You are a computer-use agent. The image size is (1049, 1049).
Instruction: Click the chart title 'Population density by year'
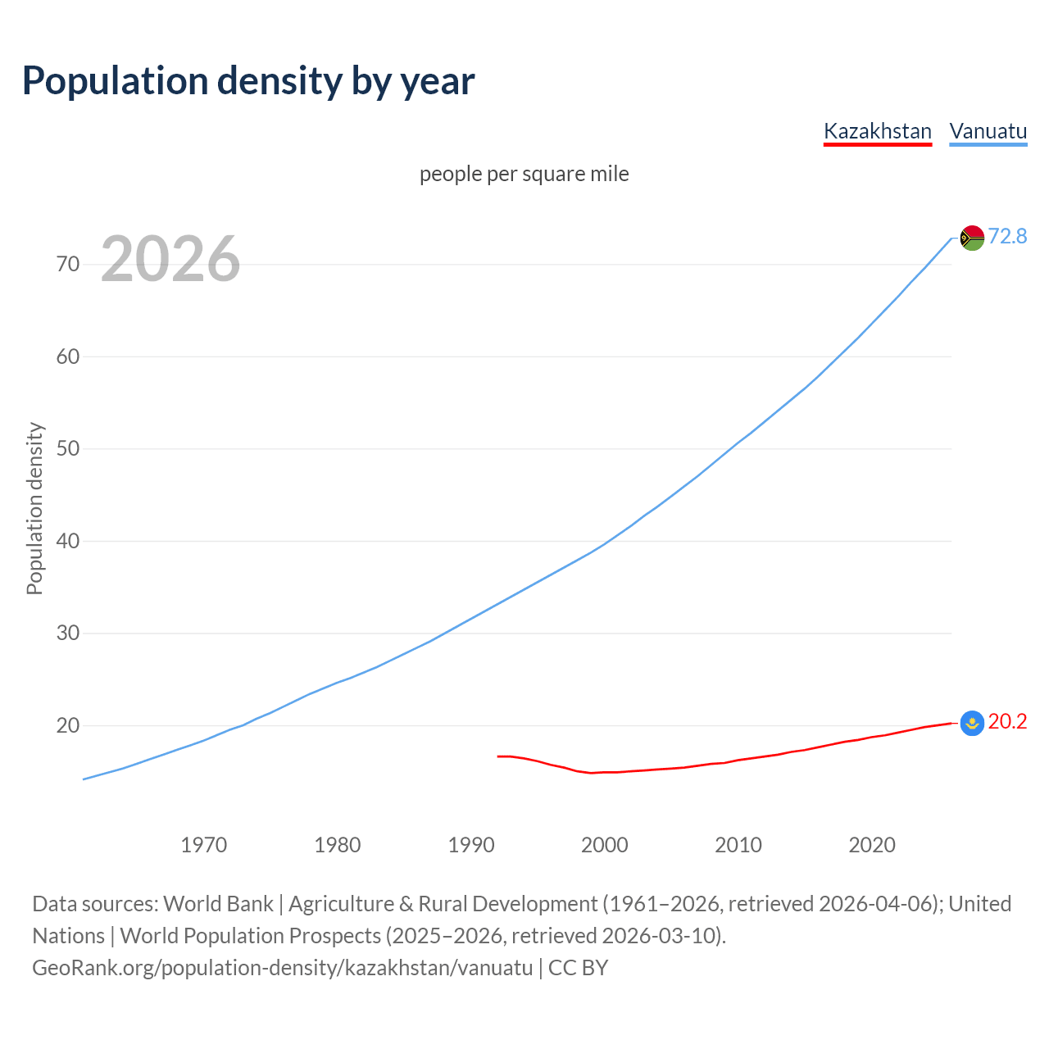pyautogui.click(x=248, y=80)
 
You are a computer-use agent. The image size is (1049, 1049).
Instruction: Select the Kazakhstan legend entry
pyautogui.click(x=877, y=131)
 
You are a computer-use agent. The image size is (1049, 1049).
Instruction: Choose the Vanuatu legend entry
pyautogui.click(x=988, y=131)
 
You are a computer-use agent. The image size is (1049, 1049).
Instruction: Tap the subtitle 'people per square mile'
pyautogui.click(x=524, y=174)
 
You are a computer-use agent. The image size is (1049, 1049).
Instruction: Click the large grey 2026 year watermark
pyautogui.click(x=170, y=259)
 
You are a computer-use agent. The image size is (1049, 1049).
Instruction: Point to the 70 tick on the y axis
pyautogui.click(x=68, y=264)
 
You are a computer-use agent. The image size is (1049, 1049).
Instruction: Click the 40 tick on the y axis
pyautogui.click(x=68, y=541)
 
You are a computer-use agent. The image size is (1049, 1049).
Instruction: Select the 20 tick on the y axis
pyautogui.click(x=68, y=725)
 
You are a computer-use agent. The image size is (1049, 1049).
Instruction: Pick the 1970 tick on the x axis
pyautogui.click(x=203, y=845)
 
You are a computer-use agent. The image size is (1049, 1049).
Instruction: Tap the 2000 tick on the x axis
pyautogui.click(x=604, y=845)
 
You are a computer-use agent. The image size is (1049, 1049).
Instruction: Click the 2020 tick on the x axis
pyautogui.click(x=871, y=845)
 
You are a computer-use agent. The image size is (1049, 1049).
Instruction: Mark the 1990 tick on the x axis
pyautogui.click(x=470, y=845)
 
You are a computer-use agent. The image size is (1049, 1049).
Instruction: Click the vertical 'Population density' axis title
pyautogui.click(x=34, y=508)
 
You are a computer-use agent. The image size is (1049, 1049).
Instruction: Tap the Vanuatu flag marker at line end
pyautogui.click(x=972, y=238)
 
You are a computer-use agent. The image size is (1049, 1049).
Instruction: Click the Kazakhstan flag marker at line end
pyautogui.click(x=972, y=722)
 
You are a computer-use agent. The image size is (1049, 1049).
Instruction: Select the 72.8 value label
pyautogui.click(x=1007, y=236)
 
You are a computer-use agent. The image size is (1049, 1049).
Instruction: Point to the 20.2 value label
pyautogui.click(x=1007, y=721)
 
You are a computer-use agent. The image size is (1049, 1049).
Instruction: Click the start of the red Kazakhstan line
pyautogui.click(x=498, y=756)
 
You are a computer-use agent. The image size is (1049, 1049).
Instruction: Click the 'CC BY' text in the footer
pyautogui.click(x=578, y=968)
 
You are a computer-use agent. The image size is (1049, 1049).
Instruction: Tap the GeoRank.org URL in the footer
pyautogui.click(x=282, y=968)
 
